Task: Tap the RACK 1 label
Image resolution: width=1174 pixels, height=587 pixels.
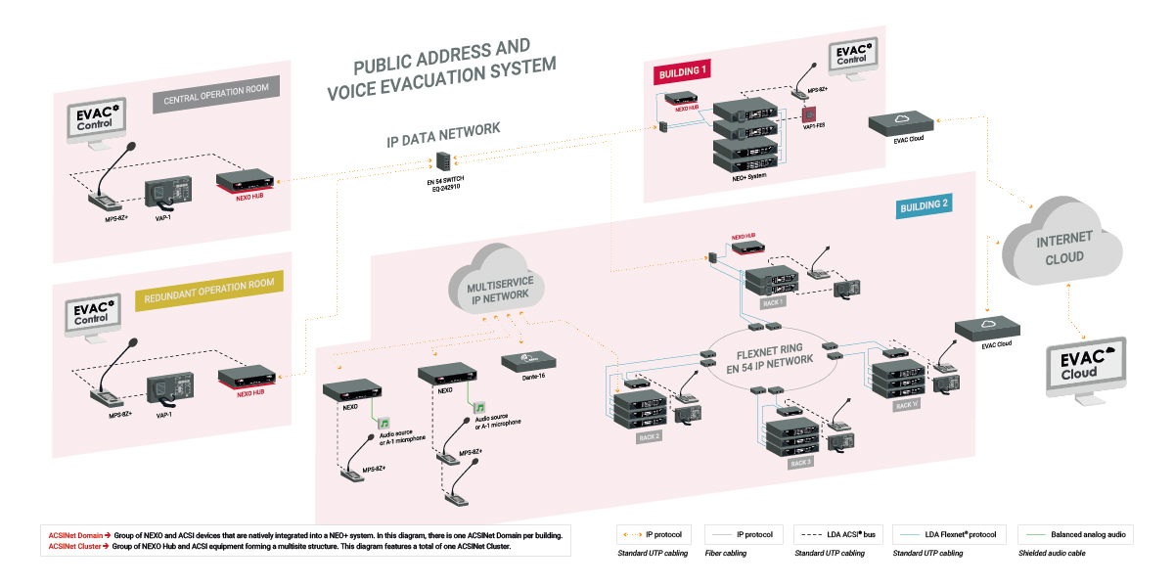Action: (774, 303)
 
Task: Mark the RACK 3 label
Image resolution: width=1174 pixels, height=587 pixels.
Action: (800, 463)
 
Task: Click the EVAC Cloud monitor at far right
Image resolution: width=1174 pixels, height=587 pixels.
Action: (1086, 366)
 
